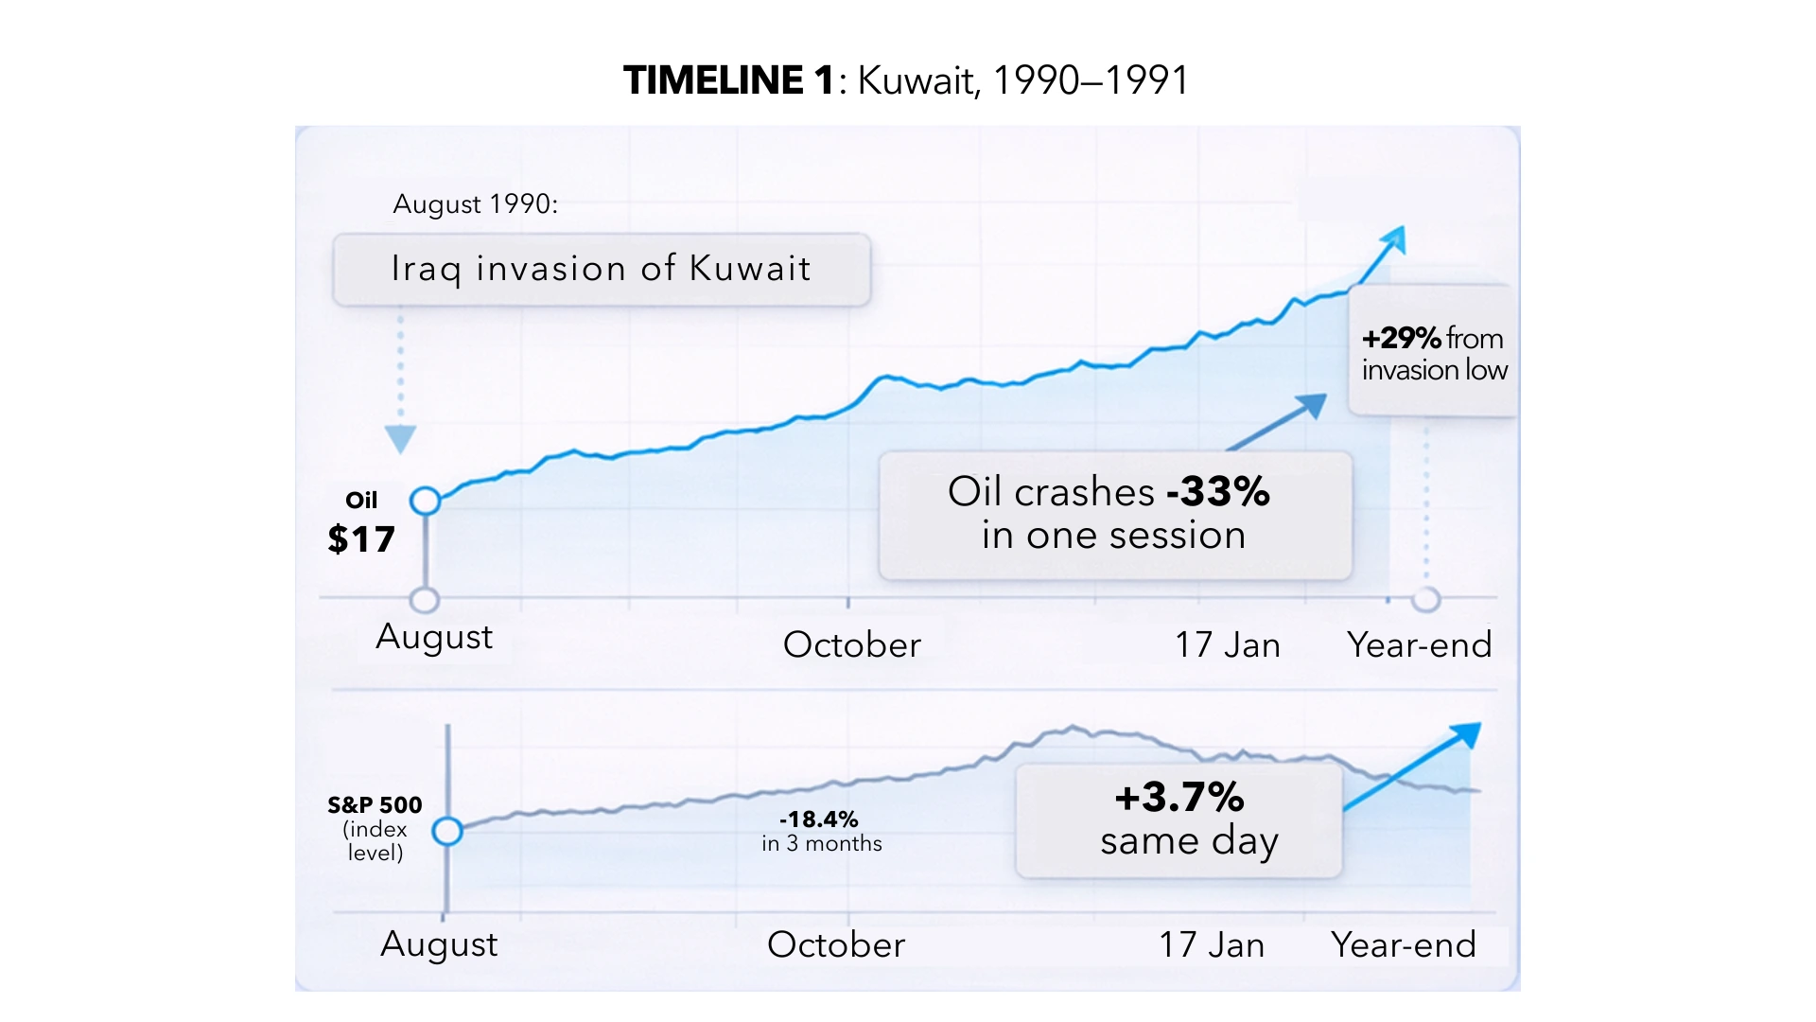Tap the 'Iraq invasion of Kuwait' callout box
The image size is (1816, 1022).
[x=602, y=270]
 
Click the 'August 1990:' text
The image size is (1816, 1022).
[x=475, y=204]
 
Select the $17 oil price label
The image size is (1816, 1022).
[x=360, y=539]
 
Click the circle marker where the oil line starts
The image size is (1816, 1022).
[x=426, y=501]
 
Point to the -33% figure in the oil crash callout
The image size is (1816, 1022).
[x=1218, y=492]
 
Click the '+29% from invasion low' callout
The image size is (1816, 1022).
[x=1433, y=353]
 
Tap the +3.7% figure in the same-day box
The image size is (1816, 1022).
[x=1179, y=798]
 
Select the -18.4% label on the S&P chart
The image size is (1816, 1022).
[x=819, y=819]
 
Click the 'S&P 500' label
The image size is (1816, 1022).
[x=375, y=805]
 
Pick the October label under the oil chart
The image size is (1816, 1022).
[x=851, y=645]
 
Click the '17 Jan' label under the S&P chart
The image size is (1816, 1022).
[x=1212, y=945]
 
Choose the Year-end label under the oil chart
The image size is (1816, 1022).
[x=1419, y=645]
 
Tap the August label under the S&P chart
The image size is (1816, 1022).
[x=439, y=944]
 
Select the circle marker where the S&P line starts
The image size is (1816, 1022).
[x=447, y=832]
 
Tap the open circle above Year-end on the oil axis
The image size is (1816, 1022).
[x=1425, y=600]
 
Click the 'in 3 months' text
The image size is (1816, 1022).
[x=821, y=844]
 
